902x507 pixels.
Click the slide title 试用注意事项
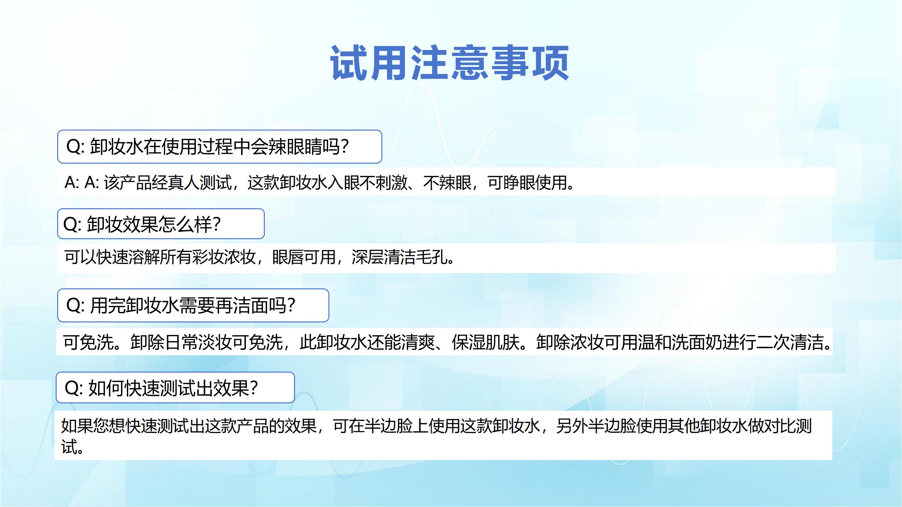(449, 63)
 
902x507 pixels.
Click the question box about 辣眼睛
(219, 147)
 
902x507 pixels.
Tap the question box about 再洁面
(193, 306)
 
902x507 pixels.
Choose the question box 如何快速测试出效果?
(175, 387)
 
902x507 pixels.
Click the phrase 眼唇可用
(304, 257)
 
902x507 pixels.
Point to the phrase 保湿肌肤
(483, 342)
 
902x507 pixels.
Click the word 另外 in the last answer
(572, 426)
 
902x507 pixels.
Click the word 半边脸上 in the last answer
(396, 426)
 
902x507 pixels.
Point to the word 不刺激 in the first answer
(384, 182)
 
